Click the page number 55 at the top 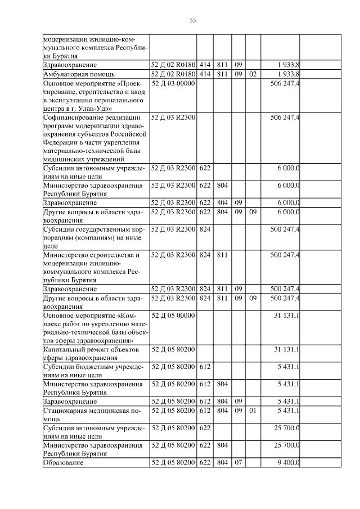tap(192, 21)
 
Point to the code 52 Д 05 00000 tap(173, 316)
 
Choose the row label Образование tap(64, 462)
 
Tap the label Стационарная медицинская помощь tap(90, 415)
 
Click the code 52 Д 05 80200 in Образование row tap(173, 462)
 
